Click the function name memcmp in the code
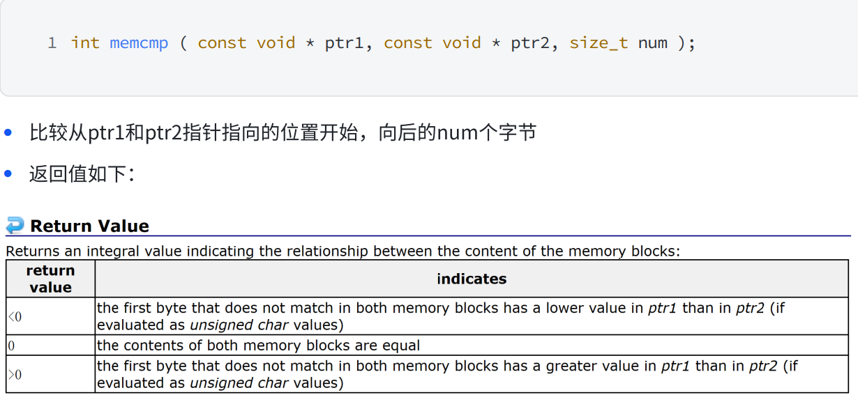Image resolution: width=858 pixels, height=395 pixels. [x=139, y=43]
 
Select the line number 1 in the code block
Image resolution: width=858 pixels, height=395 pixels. [x=52, y=43]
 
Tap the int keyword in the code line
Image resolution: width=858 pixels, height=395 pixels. [x=85, y=43]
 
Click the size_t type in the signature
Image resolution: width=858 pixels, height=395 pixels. [x=599, y=43]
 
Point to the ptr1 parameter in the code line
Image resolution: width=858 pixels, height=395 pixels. [x=344, y=43]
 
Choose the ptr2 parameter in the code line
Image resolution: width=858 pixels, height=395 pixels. [x=530, y=43]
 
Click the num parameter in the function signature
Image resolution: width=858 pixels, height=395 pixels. [x=652, y=43]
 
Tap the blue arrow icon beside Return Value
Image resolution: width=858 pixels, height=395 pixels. [x=15, y=225]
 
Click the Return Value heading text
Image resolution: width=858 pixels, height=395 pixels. [x=89, y=226]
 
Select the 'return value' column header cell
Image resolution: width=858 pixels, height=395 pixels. [x=50, y=279]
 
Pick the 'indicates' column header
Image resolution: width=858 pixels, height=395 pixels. [x=472, y=279]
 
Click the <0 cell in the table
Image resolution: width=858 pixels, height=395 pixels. [x=15, y=317]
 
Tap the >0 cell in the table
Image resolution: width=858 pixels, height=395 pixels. [x=15, y=375]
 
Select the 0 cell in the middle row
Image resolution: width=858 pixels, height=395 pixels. [x=11, y=346]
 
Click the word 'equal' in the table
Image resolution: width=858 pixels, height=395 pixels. [x=400, y=346]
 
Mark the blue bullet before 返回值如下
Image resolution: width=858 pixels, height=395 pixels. [x=8, y=173]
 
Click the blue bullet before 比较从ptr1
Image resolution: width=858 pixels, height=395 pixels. [x=8, y=132]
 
